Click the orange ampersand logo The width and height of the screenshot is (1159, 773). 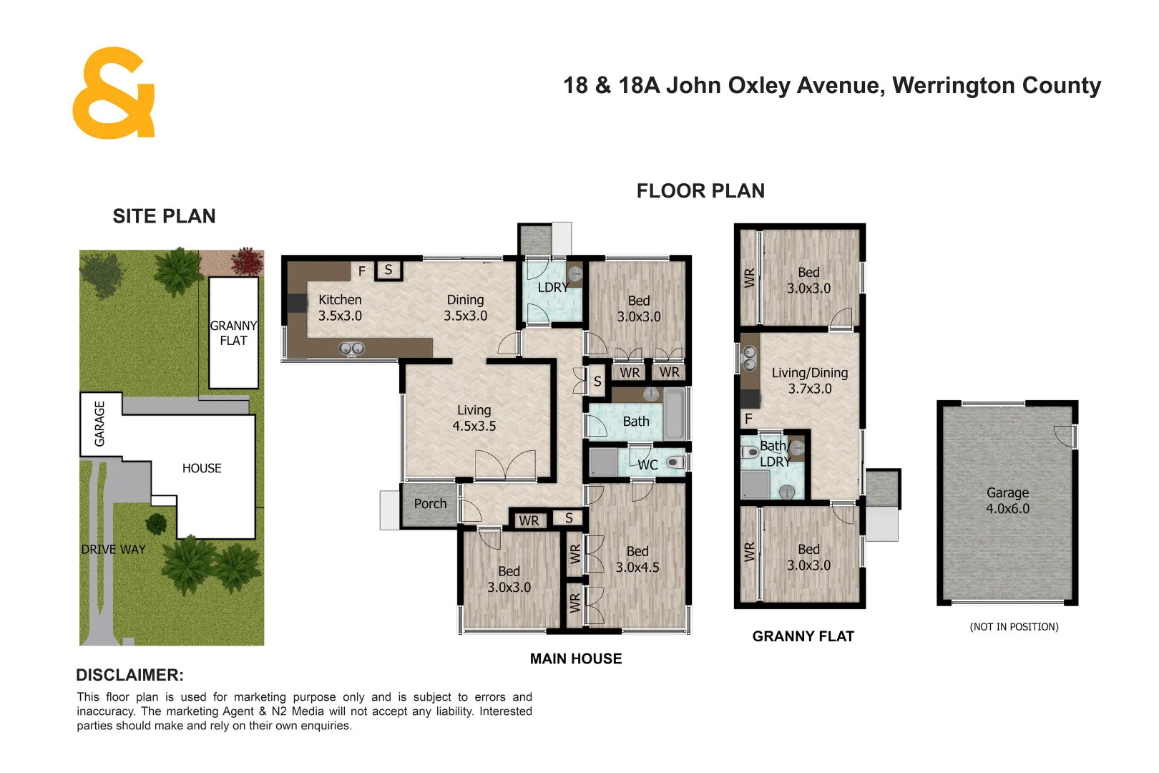click(113, 93)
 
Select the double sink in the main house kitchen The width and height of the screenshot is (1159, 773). click(352, 349)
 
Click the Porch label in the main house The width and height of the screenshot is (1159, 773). click(430, 503)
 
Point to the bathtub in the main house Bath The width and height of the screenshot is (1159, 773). click(675, 415)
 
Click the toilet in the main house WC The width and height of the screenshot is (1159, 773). click(675, 462)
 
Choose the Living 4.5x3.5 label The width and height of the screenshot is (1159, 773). click(474, 418)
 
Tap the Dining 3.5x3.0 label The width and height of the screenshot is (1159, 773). click(465, 308)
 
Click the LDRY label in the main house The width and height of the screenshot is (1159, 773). click(553, 287)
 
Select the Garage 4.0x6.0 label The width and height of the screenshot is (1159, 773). click(1007, 501)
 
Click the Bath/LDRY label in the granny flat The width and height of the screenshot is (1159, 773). click(775, 454)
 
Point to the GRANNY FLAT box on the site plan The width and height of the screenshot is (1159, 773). click(233, 333)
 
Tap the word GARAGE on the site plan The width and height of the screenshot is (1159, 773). click(99, 424)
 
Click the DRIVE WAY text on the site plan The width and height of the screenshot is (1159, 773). click(113, 550)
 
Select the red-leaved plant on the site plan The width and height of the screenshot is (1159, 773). click(248, 261)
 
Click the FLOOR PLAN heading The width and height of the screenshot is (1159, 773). click(700, 191)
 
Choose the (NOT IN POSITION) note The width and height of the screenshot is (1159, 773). click(1014, 627)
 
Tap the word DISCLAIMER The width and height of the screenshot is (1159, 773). click(129, 675)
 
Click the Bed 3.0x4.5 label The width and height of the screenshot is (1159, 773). click(637, 559)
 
